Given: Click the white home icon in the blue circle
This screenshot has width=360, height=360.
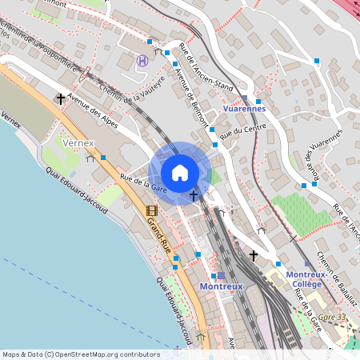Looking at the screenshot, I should (x=180, y=172).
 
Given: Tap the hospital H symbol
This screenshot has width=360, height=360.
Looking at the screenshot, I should (x=142, y=60).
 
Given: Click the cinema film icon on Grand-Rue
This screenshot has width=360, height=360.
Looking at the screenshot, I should (x=151, y=211).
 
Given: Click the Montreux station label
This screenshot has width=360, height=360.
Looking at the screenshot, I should (x=221, y=286).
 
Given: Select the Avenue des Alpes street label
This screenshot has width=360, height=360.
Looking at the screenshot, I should (x=93, y=113).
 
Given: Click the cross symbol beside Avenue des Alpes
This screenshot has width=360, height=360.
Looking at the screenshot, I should (x=61, y=98).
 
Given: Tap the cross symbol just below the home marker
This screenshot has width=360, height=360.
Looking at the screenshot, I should (x=193, y=194).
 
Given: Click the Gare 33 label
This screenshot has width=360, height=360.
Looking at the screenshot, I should (x=330, y=318).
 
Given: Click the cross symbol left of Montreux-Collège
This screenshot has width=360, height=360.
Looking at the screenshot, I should (x=254, y=255).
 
